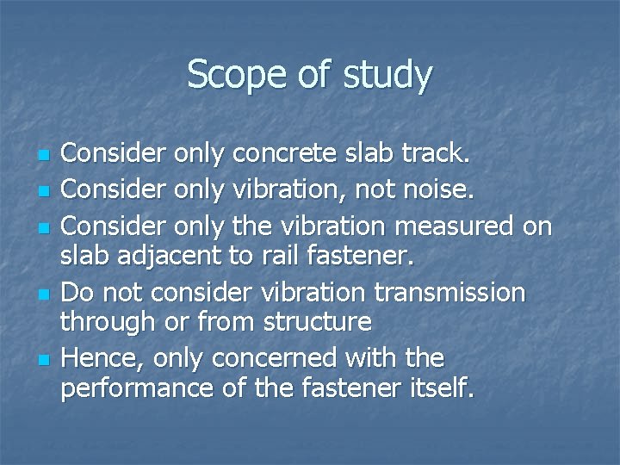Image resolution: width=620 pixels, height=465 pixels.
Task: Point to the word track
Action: click(436, 153)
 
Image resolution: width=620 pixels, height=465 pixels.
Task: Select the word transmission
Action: click(453, 293)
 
